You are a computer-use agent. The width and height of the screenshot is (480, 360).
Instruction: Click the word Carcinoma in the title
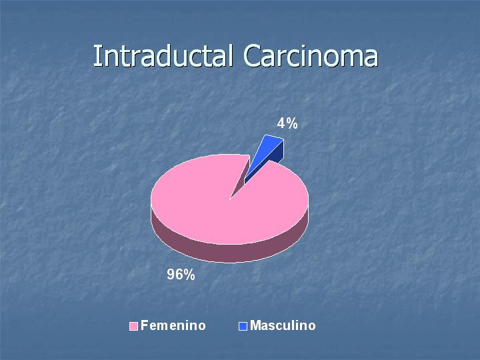[311, 56]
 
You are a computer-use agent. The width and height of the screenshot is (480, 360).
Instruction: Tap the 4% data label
[287, 123]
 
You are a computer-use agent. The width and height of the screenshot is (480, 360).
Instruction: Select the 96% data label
[181, 274]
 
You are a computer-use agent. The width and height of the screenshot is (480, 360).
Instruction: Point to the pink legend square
[133, 326]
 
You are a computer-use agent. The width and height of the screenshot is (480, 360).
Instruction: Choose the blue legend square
[243, 326]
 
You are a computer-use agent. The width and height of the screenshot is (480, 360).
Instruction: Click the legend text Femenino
[173, 325]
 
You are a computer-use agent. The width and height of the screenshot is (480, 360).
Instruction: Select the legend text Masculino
[283, 325]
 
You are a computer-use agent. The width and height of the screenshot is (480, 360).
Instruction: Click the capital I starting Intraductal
[97, 56]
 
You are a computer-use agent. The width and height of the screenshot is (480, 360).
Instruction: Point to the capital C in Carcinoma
[252, 56]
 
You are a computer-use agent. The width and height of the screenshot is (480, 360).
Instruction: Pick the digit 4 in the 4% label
[281, 123]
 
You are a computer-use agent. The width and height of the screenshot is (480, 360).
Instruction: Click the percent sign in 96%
[189, 274]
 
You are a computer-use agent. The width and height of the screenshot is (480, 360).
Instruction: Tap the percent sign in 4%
[292, 123]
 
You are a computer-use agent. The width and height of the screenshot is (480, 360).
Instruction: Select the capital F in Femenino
[145, 325]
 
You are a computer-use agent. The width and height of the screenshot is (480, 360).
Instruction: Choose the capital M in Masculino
[255, 325]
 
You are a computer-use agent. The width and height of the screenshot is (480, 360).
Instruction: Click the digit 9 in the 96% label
[171, 274]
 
